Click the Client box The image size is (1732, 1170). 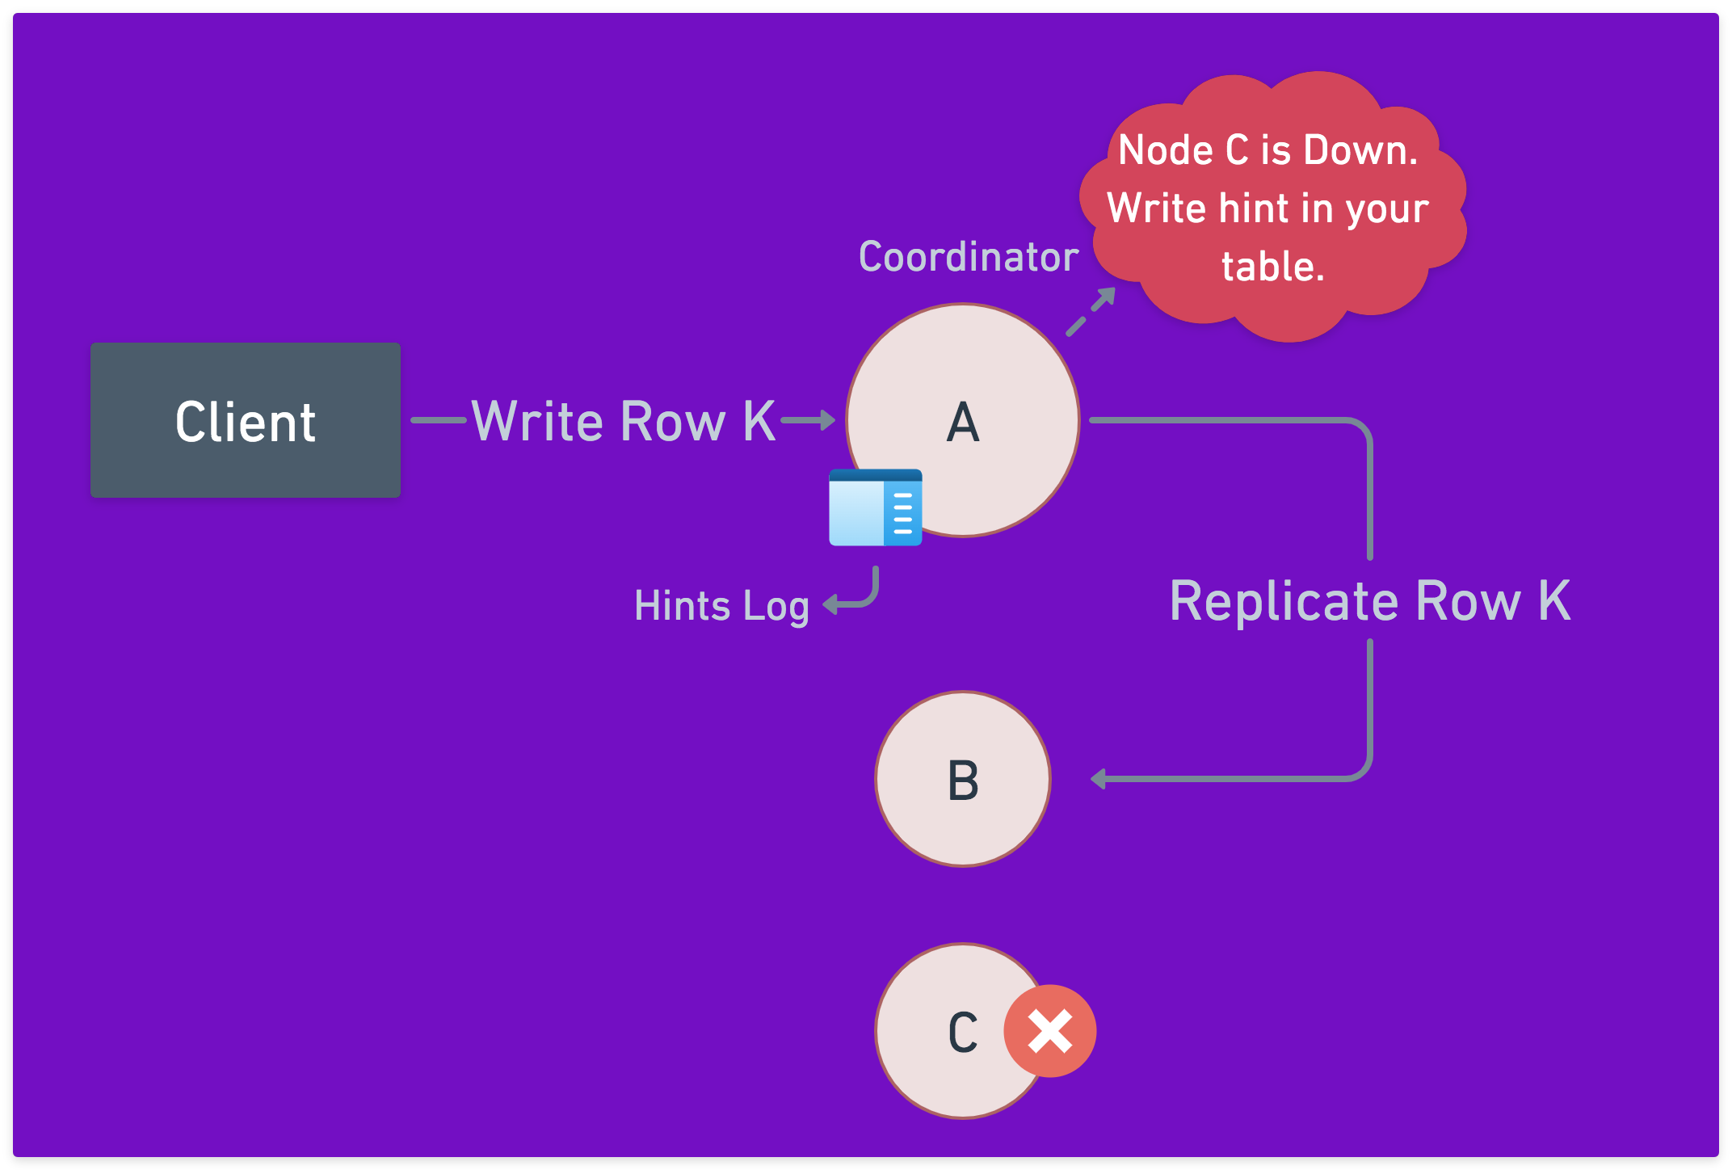(246, 420)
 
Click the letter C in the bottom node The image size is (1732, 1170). (963, 1032)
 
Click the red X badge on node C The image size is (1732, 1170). (1049, 1031)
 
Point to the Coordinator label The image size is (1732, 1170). (968, 257)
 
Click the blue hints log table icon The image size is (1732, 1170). (875, 507)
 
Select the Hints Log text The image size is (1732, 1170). (721, 606)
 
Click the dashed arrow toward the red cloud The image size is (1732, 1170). (1091, 311)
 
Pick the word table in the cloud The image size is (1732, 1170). (1272, 267)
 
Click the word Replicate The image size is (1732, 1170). (1284, 601)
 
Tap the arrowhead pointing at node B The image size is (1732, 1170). (1098, 779)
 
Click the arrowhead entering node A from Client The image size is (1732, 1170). (826, 420)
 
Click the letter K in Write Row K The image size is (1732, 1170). (759, 421)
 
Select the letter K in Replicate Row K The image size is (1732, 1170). (1554, 601)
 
